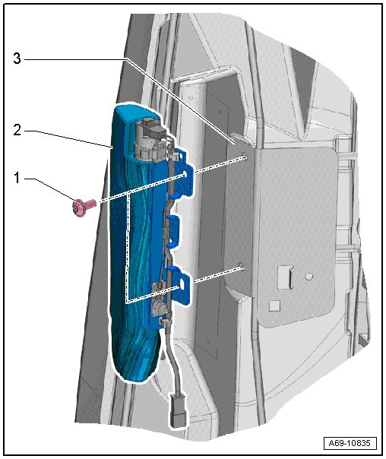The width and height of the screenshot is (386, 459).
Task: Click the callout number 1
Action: click(17, 178)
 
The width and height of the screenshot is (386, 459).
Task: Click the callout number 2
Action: click(17, 130)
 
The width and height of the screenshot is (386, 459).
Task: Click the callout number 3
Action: click(17, 59)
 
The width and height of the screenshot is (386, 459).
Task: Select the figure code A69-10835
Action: click(350, 442)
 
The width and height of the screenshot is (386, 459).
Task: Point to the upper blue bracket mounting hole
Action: click(185, 174)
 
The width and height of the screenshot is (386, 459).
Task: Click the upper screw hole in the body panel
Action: click(245, 158)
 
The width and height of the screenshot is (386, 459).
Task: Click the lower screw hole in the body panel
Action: click(242, 266)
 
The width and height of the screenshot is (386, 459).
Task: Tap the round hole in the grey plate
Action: click(308, 276)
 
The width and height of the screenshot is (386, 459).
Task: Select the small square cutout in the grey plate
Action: click(274, 305)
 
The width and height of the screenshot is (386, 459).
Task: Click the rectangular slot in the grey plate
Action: click(286, 277)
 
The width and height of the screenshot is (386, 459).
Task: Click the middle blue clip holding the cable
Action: click(173, 228)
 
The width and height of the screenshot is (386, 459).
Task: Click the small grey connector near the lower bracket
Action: click(159, 306)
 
